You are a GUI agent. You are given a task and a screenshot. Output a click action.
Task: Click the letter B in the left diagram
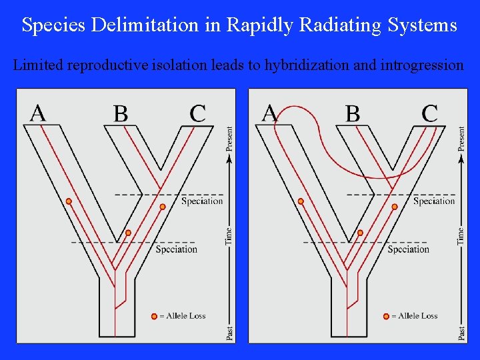point(121,113)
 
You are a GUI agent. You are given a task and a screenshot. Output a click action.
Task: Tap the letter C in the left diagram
point(197,113)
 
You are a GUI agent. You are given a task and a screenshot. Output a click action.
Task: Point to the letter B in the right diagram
point(353,113)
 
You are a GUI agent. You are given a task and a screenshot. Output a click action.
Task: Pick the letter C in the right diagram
point(430,113)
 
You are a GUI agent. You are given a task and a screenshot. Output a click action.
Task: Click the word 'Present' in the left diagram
point(229,139)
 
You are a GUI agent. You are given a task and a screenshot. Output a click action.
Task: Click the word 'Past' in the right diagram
point(461,333)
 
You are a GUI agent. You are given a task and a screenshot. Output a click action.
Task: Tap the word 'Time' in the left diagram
point(229,235)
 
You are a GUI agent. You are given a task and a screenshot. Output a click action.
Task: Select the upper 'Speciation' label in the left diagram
point(202,201)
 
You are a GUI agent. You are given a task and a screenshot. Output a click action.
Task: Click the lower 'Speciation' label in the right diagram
point(408,249)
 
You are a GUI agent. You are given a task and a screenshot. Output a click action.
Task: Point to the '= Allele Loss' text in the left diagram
point(183,316)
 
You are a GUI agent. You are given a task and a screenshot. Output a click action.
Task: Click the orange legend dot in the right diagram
point(386,316)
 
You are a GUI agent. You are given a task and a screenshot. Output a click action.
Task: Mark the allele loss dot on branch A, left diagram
point(69,201)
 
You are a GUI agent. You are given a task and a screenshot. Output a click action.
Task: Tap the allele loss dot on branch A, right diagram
point(301,201)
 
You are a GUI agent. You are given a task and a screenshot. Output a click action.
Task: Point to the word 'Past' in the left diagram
point(229,333)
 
